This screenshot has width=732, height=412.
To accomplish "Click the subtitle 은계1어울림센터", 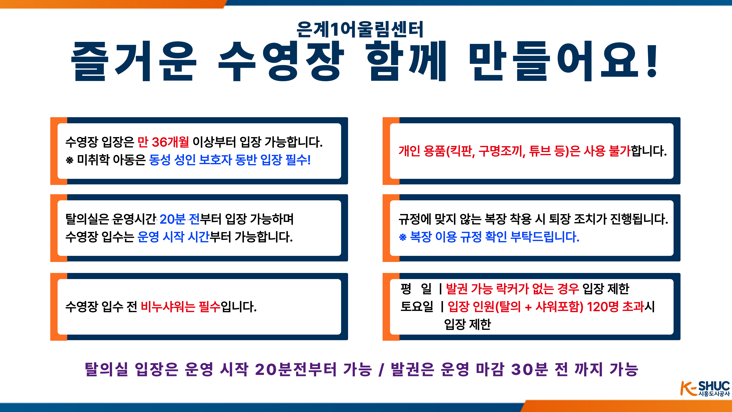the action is pos(360,29).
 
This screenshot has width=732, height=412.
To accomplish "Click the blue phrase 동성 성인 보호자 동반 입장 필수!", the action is pos(230,160).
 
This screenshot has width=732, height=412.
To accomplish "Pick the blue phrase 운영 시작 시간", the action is pos(173,237).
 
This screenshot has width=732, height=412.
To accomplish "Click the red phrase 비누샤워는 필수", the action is pos(181,307).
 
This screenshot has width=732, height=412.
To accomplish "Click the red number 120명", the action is pos(603,307).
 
